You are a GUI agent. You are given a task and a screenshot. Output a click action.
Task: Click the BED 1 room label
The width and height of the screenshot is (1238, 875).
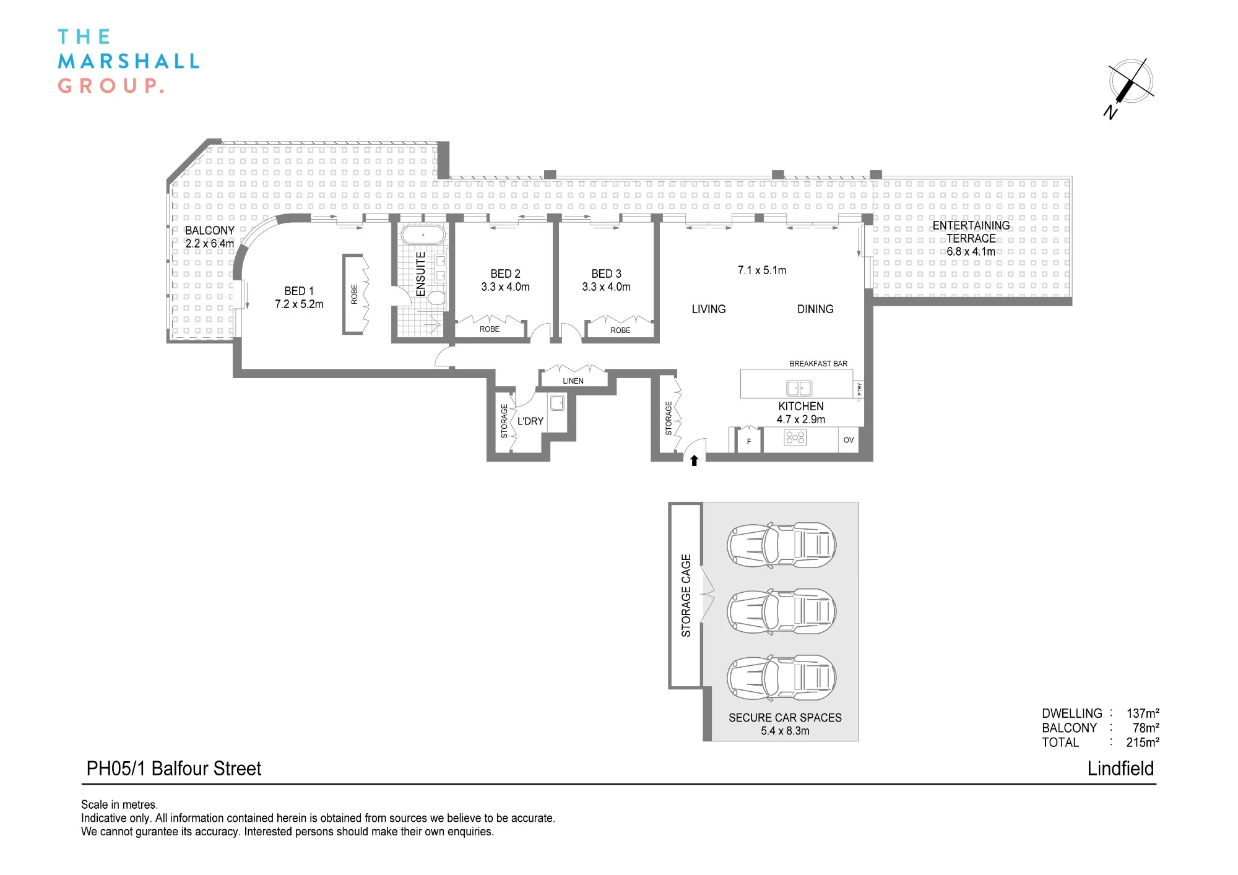pyautogui.click(x=299, y=291)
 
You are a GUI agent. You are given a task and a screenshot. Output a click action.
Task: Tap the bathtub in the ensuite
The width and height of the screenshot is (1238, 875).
pyautogui.click(x=423, y=235)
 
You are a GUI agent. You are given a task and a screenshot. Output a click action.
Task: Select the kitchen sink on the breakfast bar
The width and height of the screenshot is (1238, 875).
pyautogui.click(x=799, y=388)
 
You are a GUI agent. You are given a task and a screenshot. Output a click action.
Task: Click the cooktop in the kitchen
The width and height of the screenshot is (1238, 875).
pyautogui.click(x=795, y=438)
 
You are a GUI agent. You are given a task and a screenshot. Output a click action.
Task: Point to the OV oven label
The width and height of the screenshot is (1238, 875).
pyautogui.click(x=849, y=440)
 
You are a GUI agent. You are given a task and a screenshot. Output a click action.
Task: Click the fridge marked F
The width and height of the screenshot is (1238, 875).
pyautogui.click(x=749, y=441)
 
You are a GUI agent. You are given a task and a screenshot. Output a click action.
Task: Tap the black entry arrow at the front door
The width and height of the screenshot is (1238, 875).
pyautogui.click(x=695, y=460)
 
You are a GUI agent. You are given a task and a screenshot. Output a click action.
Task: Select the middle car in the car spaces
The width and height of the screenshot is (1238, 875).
pyautogui.click(x=782, y=611)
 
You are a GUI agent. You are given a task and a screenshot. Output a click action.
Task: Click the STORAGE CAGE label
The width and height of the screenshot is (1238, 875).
pyautogui.click(x=686, y=595)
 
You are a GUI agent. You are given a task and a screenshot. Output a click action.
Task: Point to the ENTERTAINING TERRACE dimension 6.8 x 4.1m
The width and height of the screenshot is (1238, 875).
pyautogui.click(x=971, y=251)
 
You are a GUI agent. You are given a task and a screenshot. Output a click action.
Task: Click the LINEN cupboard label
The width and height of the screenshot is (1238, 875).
pyautogui.click(x=573, y=381)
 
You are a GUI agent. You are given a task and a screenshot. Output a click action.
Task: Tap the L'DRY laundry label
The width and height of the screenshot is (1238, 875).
pyautogui.click(x=530, y=421)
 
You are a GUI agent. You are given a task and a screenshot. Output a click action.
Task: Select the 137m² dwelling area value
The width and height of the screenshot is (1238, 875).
pyautogui.click(x=1143, y=713)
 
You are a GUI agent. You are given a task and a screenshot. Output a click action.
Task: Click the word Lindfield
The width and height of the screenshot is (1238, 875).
pyautogui.click(x=1120, y=769)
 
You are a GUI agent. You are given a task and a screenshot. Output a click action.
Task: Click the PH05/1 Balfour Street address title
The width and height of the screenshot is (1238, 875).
pyautogui.click(x=174, y=769)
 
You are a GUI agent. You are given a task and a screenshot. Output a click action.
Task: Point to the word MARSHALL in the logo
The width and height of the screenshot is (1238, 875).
pyautogui.click(x=129, y=61)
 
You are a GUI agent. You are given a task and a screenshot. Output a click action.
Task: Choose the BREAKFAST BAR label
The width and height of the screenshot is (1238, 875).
pyautogui.click(x=818, y=363)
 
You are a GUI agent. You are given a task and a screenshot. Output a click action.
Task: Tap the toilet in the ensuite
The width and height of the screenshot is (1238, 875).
pyautogui.click(x=437, y=298)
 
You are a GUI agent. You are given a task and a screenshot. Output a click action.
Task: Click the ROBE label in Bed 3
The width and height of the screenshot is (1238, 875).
pyautogui.click(x=620, y=330)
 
